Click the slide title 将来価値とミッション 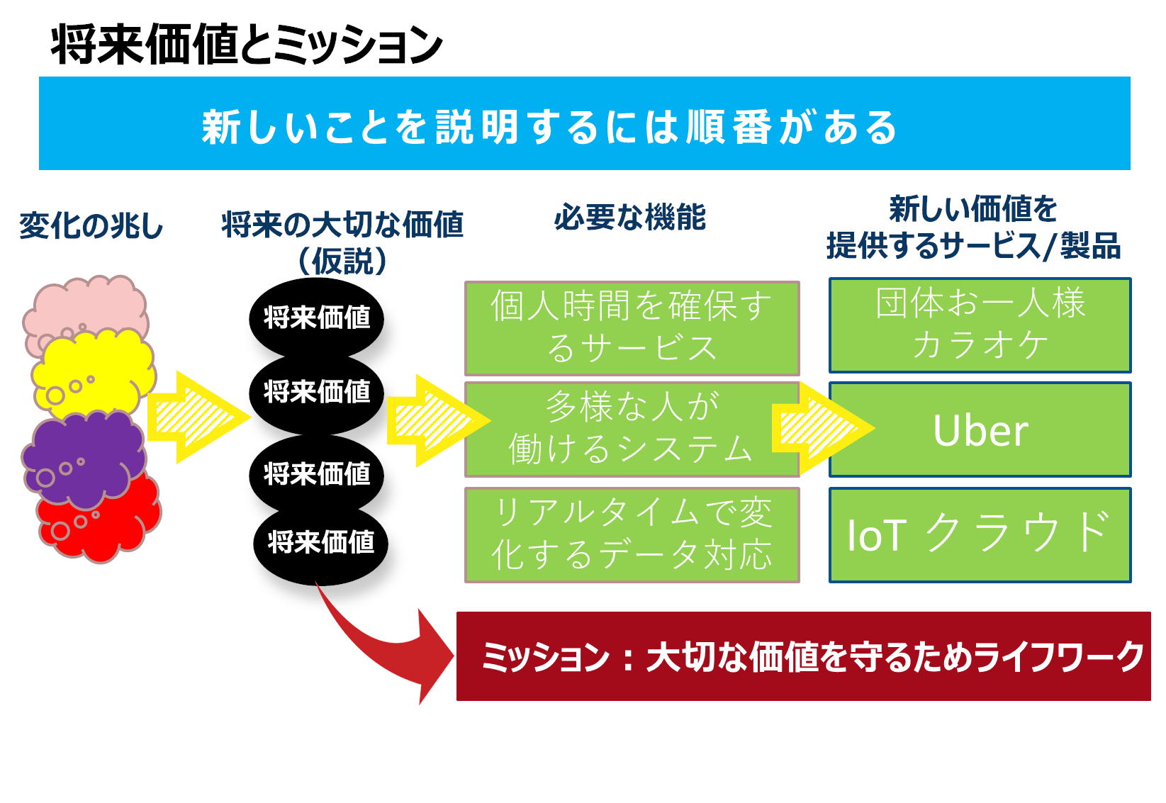[247, 45]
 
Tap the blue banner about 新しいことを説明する [585, 123]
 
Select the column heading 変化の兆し [91, 226]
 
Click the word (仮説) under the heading [342, 261]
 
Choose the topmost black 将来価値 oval [316, 317]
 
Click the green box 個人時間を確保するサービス [632, 328]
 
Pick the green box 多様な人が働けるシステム [632, 429]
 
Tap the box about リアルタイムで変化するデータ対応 [632, 535]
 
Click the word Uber [981, 431]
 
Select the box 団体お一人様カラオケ [980, 325]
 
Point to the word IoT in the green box [878, 535]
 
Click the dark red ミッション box [804, 656]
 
